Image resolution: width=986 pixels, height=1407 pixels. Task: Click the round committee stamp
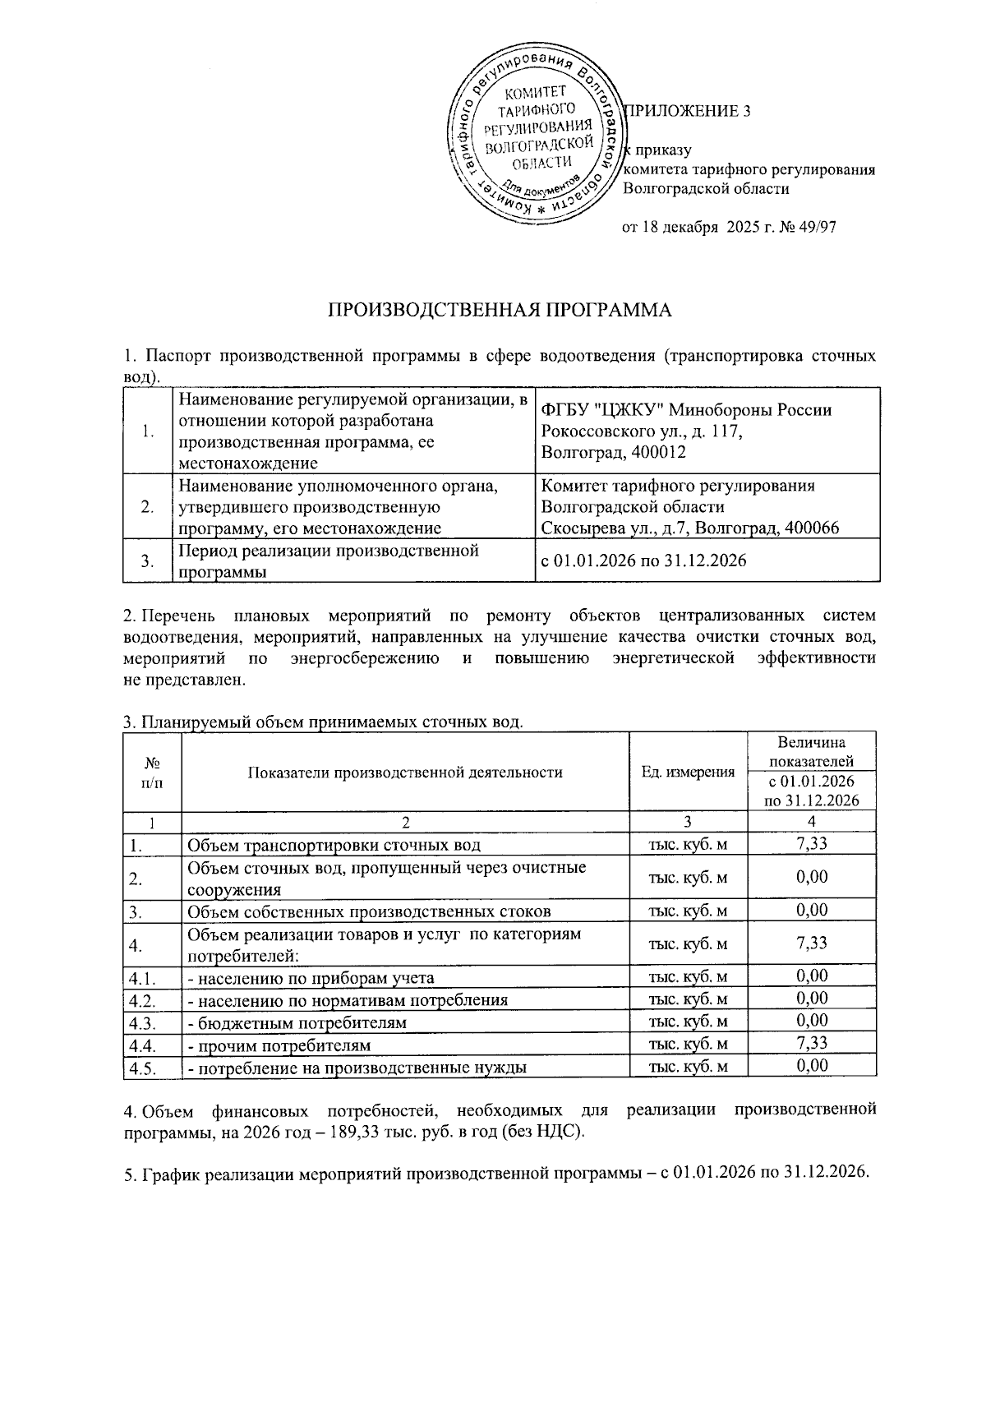click(534, 140)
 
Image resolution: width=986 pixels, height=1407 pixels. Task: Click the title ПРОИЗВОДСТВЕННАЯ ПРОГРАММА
click(500, 310)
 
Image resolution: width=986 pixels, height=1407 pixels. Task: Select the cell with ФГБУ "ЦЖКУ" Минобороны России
click(687, 409)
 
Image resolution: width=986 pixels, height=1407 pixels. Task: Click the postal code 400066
click(810, 528)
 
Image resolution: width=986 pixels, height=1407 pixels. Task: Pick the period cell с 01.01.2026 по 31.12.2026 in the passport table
click(643, 561)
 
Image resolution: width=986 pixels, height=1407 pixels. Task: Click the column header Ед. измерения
click(688, 772)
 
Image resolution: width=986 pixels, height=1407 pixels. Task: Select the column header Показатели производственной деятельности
click(405, 772)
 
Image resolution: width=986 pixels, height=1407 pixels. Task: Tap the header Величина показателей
click(812, 750)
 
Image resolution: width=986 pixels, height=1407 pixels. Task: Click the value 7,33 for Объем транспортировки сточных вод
click(812, 844)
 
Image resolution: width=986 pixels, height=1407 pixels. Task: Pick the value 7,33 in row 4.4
click(812, 1044)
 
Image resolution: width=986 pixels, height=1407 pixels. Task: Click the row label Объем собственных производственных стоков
click(369, 911)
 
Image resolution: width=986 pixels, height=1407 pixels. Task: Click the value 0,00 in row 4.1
click(812, 976)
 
